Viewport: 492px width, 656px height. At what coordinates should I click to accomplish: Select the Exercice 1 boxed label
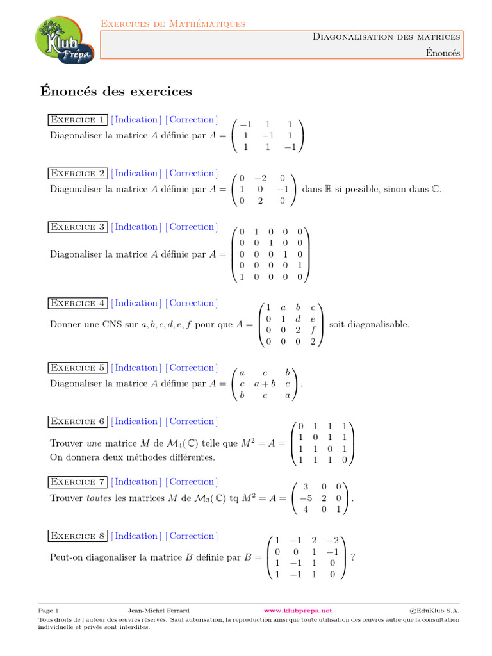pos(78,120)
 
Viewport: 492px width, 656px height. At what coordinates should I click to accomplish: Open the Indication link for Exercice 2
pos(135,174)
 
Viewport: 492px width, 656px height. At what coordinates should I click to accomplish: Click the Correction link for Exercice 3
pos(192,227)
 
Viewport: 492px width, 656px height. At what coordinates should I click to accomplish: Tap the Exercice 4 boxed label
pos(78,304)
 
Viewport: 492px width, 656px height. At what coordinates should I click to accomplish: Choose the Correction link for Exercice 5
pos(192,368)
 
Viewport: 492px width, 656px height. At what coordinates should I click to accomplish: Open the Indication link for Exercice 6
pos(135,422)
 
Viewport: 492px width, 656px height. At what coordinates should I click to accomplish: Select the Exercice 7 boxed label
pos(78,482)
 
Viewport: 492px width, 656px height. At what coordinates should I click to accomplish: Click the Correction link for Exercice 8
pos(192,536)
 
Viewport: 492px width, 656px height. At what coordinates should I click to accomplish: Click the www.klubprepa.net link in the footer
pos(299,611)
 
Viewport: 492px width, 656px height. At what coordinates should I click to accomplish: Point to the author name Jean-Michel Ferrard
pos(159,611)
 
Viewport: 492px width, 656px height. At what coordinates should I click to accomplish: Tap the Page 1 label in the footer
pos(49,611)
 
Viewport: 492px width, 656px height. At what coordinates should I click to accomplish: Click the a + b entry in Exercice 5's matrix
pos(265,384)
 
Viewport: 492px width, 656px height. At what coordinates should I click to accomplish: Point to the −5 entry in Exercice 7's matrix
pos(306,498)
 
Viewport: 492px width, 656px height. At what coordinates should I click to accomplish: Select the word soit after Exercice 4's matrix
pos(338,325)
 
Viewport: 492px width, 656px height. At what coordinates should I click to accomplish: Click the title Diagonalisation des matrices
pos(386,37)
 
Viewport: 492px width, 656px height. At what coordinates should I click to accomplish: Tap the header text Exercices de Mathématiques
pos(173,24)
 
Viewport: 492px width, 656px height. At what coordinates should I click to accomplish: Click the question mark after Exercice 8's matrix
pos(354,557)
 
